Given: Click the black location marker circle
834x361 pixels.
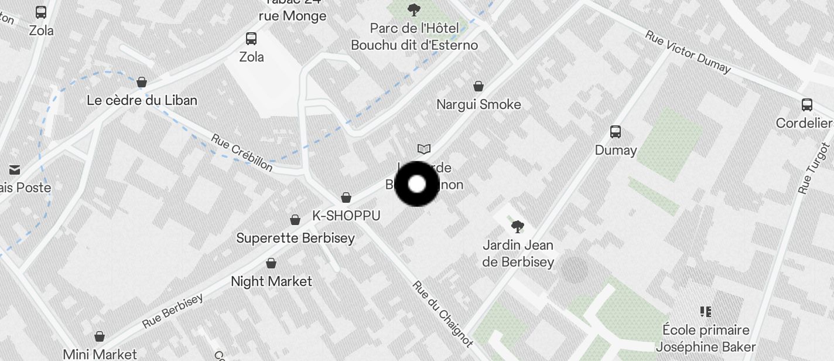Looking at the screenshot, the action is pyautogui.click(x=416, y=184).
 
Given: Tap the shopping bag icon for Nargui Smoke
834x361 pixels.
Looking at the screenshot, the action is pyautogui.click(x=478, y=86).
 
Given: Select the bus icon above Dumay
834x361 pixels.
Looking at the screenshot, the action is pyautogui.click(x=615, y=132).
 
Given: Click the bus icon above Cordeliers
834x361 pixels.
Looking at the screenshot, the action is pyautogui.click(x=806, y=105).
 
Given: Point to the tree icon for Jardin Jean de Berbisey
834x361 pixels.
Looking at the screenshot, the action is pyautogui.click(x=517, y=226).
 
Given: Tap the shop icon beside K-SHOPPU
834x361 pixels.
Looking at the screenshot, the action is pyautogui.click(x=346, y=197).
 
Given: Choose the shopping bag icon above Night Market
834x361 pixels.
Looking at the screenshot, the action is pyautogui.click(x=271, y=263).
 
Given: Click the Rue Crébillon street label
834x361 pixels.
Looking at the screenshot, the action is pyautogui.click(x=242, y=154).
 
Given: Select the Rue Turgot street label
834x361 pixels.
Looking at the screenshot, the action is pyautogui.click(x=814, y=168).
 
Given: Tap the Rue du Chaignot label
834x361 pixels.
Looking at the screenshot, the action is pyautogui.click(x=443, y=314).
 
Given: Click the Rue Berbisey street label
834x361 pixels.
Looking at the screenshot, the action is pyautogui.click(x=173, y=311).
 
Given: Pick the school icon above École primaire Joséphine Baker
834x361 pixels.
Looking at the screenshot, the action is pyautogui.click(x=705, y=311).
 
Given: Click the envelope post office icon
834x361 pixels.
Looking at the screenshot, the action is pyautogui.click(x=15, y=170).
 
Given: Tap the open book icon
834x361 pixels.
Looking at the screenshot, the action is pyautogui.click(x=424, y=149).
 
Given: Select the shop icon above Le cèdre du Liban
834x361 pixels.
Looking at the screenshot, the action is pyautogui.click(x=141, y=82).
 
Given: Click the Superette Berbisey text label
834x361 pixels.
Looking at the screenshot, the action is pyautogui.click(x=295, y=238).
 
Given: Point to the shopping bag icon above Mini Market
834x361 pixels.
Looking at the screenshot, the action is pyautogui.click(x=100, y=336).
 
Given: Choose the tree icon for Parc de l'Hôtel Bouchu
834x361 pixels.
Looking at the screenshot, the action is pyautogui.click(x=414, y=10).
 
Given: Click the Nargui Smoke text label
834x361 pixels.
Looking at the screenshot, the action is pyautogui.click(x=478, y=104).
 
